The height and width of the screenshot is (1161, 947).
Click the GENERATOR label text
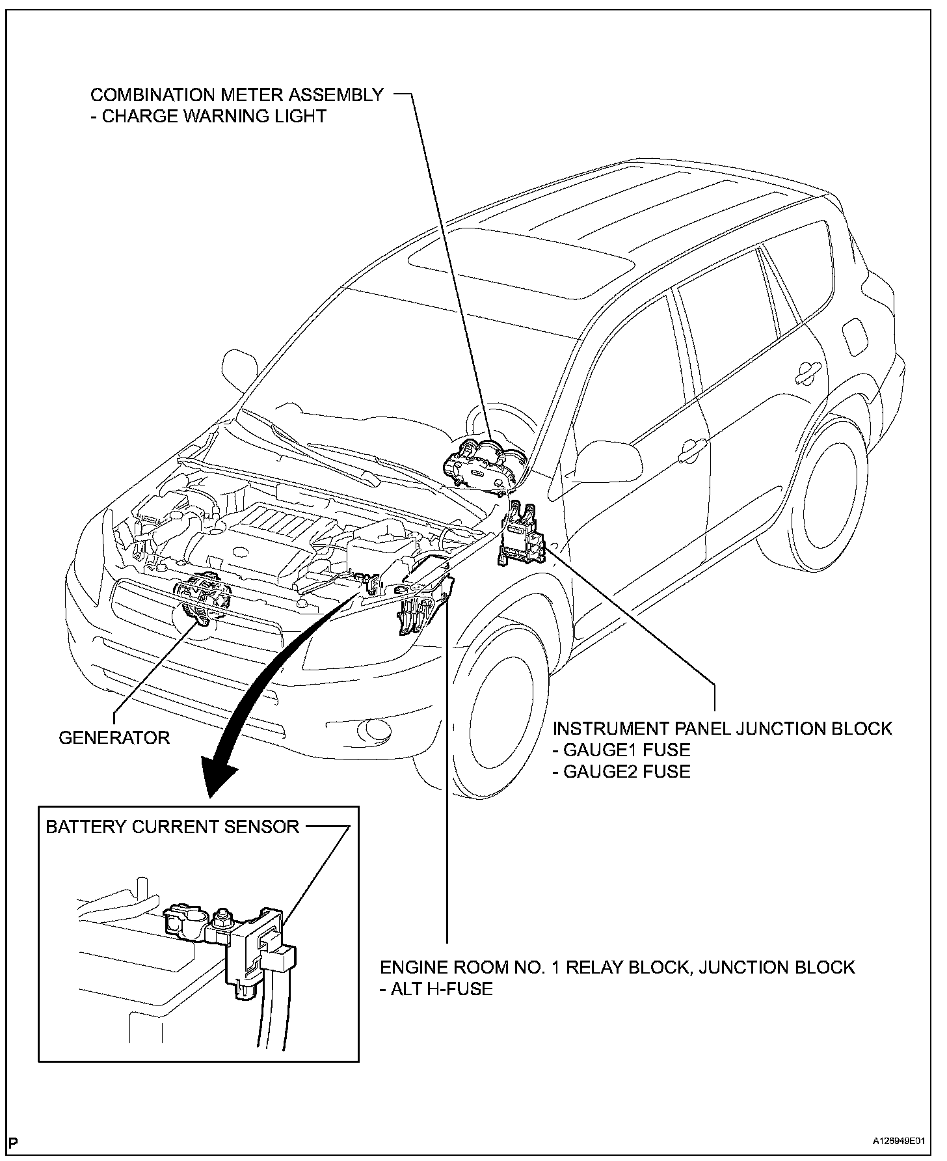(114, 737)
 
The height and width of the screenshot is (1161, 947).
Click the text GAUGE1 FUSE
(621, 750)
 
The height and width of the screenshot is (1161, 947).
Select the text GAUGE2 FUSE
(621, 771)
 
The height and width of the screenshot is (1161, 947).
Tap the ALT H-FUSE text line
(436, 989)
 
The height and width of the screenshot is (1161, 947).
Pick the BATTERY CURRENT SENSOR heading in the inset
(172, 826)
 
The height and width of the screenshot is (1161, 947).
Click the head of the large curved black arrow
(218, 778)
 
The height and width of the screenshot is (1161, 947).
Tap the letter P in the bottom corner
(14, 1142)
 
